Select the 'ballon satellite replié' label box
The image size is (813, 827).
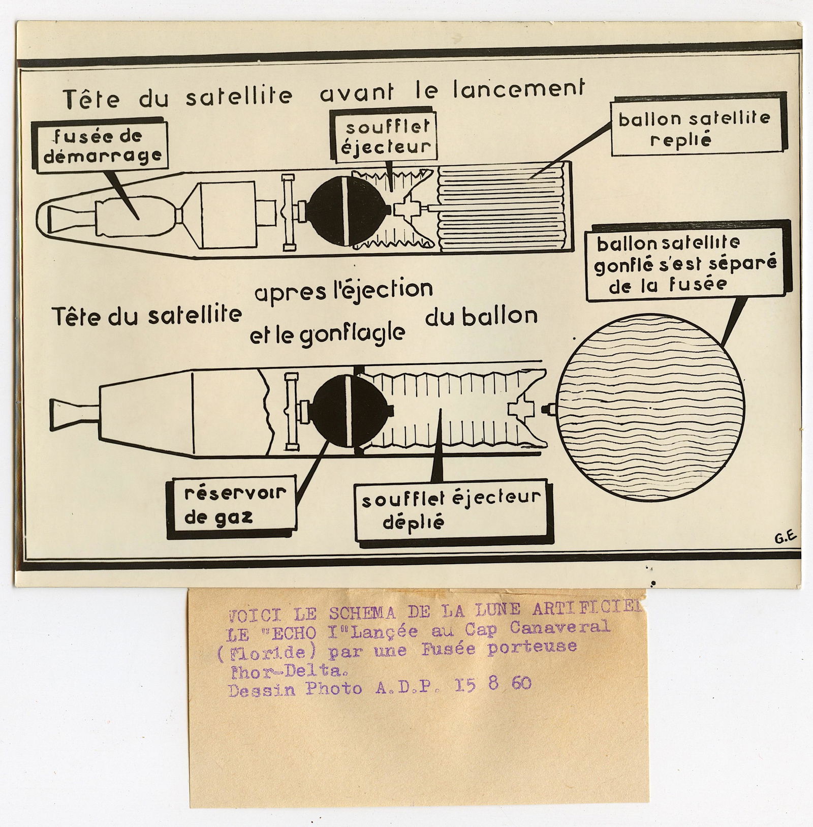(x=694, y=129)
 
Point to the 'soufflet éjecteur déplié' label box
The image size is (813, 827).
(x=451, y=510)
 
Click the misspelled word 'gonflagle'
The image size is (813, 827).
(x=327, y=335)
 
